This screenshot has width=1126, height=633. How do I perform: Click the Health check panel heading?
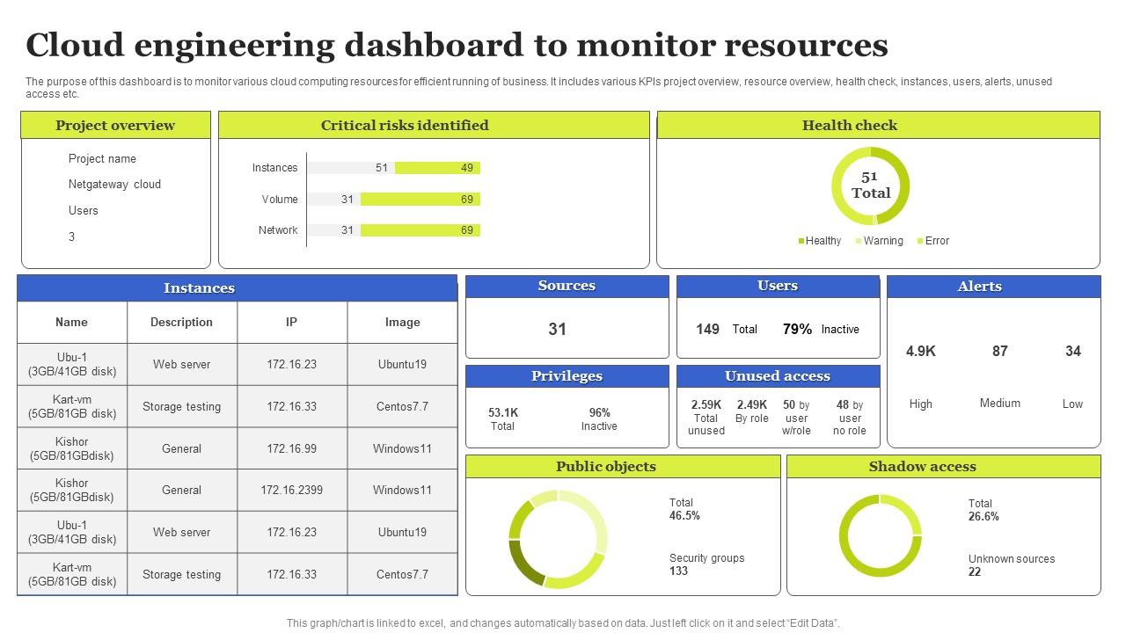(x=849, y=125)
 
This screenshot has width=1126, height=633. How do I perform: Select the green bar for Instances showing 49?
(x=437, y=168)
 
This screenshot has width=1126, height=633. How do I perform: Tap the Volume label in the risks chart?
(x=279, y=200)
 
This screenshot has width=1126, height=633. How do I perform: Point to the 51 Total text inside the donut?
(x=870, y=186)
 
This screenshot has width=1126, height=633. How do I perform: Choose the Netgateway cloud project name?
(x=114, y=185)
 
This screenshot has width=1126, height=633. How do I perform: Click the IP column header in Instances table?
(x=291, y=323)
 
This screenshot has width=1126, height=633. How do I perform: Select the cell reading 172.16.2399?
(x=291, y=491)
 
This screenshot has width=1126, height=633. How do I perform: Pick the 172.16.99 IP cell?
(x=291, y=448)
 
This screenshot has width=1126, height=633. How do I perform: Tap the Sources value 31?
(x=558, y=330)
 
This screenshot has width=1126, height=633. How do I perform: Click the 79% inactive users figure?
(x=797, y=330)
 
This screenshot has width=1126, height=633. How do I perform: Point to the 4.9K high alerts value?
(x=920, y=352)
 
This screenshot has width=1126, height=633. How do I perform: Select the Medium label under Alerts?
(x=999, y=404)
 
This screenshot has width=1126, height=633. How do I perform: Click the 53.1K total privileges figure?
(x=502, y=412)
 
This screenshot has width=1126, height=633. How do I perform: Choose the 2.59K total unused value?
(x=706, y=405)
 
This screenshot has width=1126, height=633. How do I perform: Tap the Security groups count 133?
(x=678, y=571)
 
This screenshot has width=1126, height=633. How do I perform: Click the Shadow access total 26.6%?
(x=983, y=517)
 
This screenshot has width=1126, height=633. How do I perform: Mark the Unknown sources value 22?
(x=975, y=572)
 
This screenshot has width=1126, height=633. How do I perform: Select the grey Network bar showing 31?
(x=333, y=230)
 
